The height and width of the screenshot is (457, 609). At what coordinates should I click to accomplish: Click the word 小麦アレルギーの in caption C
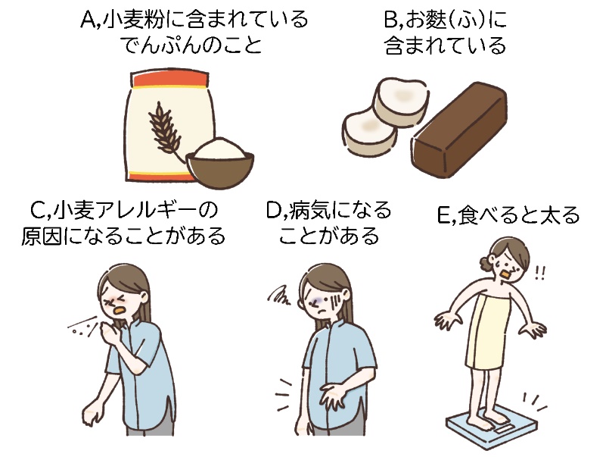click(x=137, y=209)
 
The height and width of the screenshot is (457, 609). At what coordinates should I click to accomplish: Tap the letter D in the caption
click(x=275, y=209)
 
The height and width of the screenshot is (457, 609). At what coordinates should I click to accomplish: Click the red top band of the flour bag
click(x=170, y=80)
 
